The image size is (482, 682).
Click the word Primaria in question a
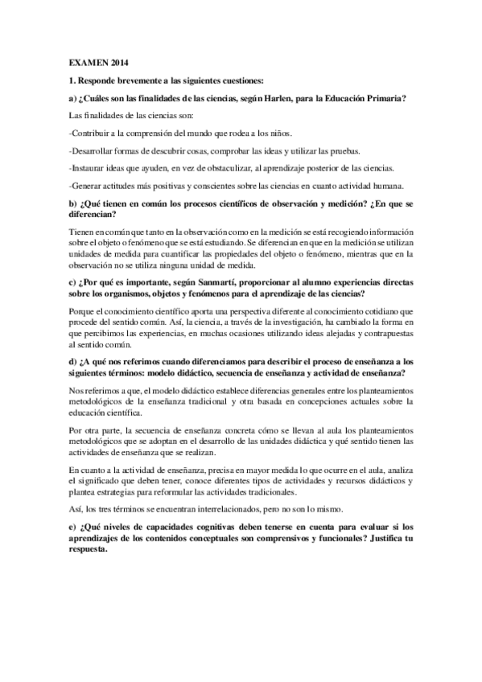(x=384, y=98)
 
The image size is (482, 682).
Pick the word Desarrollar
(x=96, y=151)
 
